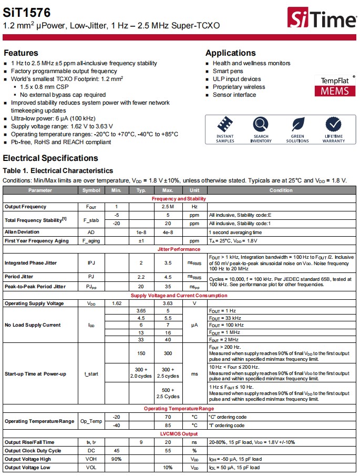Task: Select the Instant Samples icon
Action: tap(225, 125)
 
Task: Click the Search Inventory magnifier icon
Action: tap(261, 125)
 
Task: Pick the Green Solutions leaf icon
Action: tap(297, 125)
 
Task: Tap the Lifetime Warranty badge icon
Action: tap(334, 125)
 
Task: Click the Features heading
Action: tap(21, 53)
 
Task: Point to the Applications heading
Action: tap(230, 53)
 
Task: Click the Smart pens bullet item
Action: tap(228, 71)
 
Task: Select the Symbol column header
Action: tap(91, 190)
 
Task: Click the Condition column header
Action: tap(281, 190)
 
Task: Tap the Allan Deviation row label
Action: tap(22, 232)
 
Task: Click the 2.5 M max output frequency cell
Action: tap(168, 207)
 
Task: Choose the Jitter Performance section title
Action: tap(179, 249)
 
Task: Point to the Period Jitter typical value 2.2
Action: tap(141, 276)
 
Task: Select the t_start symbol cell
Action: tap(91, 374)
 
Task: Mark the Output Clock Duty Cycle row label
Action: tap(33, 451)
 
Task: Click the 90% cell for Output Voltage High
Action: tap(116, 459)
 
